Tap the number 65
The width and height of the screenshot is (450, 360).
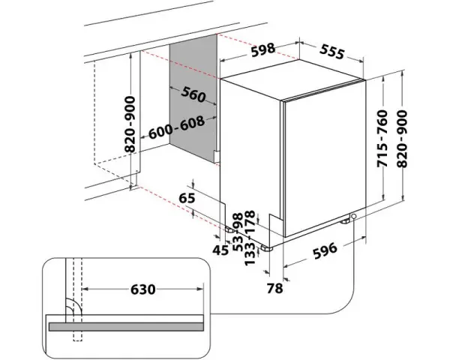[x=187, y=199]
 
